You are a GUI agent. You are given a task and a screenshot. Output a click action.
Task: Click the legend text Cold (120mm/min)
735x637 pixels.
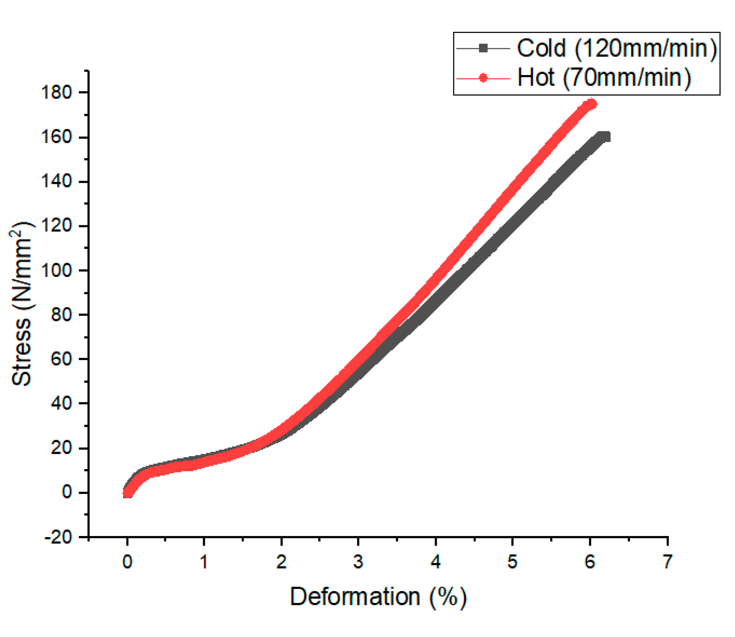point(616,48)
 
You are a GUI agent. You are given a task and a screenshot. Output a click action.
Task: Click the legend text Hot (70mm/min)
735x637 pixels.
point(604,78)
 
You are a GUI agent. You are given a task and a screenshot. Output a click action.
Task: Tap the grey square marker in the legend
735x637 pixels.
point(483,48)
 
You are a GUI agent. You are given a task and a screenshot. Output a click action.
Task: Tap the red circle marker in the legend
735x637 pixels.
point(483,78)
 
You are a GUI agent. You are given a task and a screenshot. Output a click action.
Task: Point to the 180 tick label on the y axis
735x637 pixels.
point(57,92)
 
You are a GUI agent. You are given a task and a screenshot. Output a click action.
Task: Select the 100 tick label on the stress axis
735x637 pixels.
point(57,271)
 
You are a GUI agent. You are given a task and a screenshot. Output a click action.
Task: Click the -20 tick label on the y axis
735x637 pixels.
point(58,537)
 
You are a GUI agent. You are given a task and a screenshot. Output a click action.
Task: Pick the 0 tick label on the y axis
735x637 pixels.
point(67,493)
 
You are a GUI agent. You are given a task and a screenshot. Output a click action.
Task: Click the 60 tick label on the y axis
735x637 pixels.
point(61,359)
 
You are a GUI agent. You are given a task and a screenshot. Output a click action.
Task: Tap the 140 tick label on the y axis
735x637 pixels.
point(57,182)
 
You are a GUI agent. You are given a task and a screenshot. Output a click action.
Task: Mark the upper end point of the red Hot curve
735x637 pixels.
point(591,104)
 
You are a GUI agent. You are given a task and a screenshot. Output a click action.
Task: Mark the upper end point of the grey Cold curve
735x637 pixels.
point(605,137)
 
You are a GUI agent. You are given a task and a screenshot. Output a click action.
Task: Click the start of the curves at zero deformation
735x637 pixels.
point(127,493)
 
